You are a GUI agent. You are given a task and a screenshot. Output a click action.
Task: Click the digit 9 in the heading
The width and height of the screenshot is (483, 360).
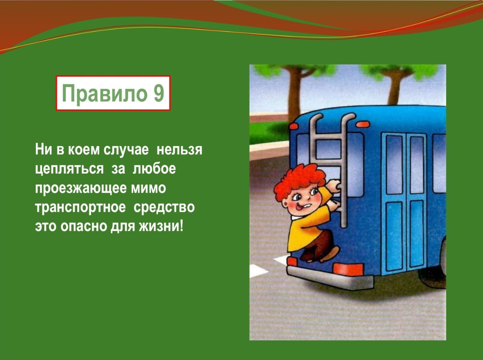[x=158, y=93]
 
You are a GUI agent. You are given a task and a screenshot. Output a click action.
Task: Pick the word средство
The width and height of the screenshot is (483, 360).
[x=164, y=207]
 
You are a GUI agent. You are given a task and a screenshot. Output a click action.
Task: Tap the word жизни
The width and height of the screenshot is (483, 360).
[x=161, y=226]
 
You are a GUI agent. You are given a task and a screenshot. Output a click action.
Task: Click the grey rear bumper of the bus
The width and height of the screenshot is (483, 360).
[x=330, y=278]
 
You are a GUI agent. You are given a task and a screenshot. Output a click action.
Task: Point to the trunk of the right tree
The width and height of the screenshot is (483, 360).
[x=395, y=88]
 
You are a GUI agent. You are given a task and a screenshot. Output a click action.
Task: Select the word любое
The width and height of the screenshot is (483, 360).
[x=154, y=169]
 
